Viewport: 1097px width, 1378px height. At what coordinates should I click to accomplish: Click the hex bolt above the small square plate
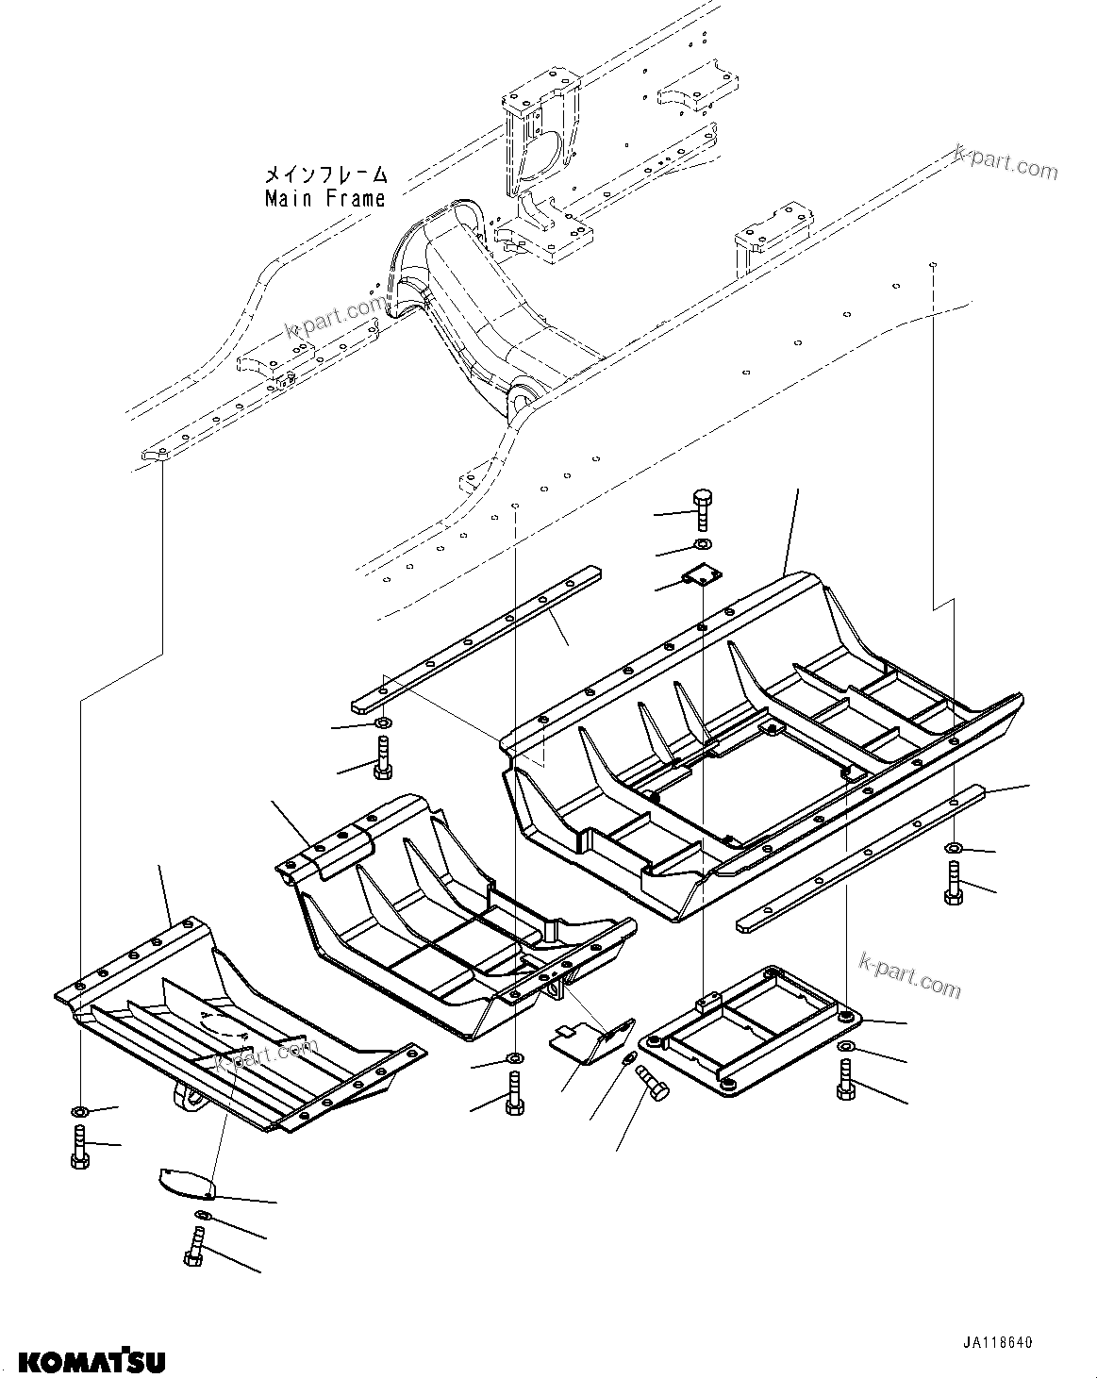(x=703, y=510)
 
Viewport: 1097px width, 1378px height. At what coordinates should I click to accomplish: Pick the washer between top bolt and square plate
(x=703, y=545)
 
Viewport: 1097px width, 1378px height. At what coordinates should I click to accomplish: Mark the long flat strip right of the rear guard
(x=858, y=858)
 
